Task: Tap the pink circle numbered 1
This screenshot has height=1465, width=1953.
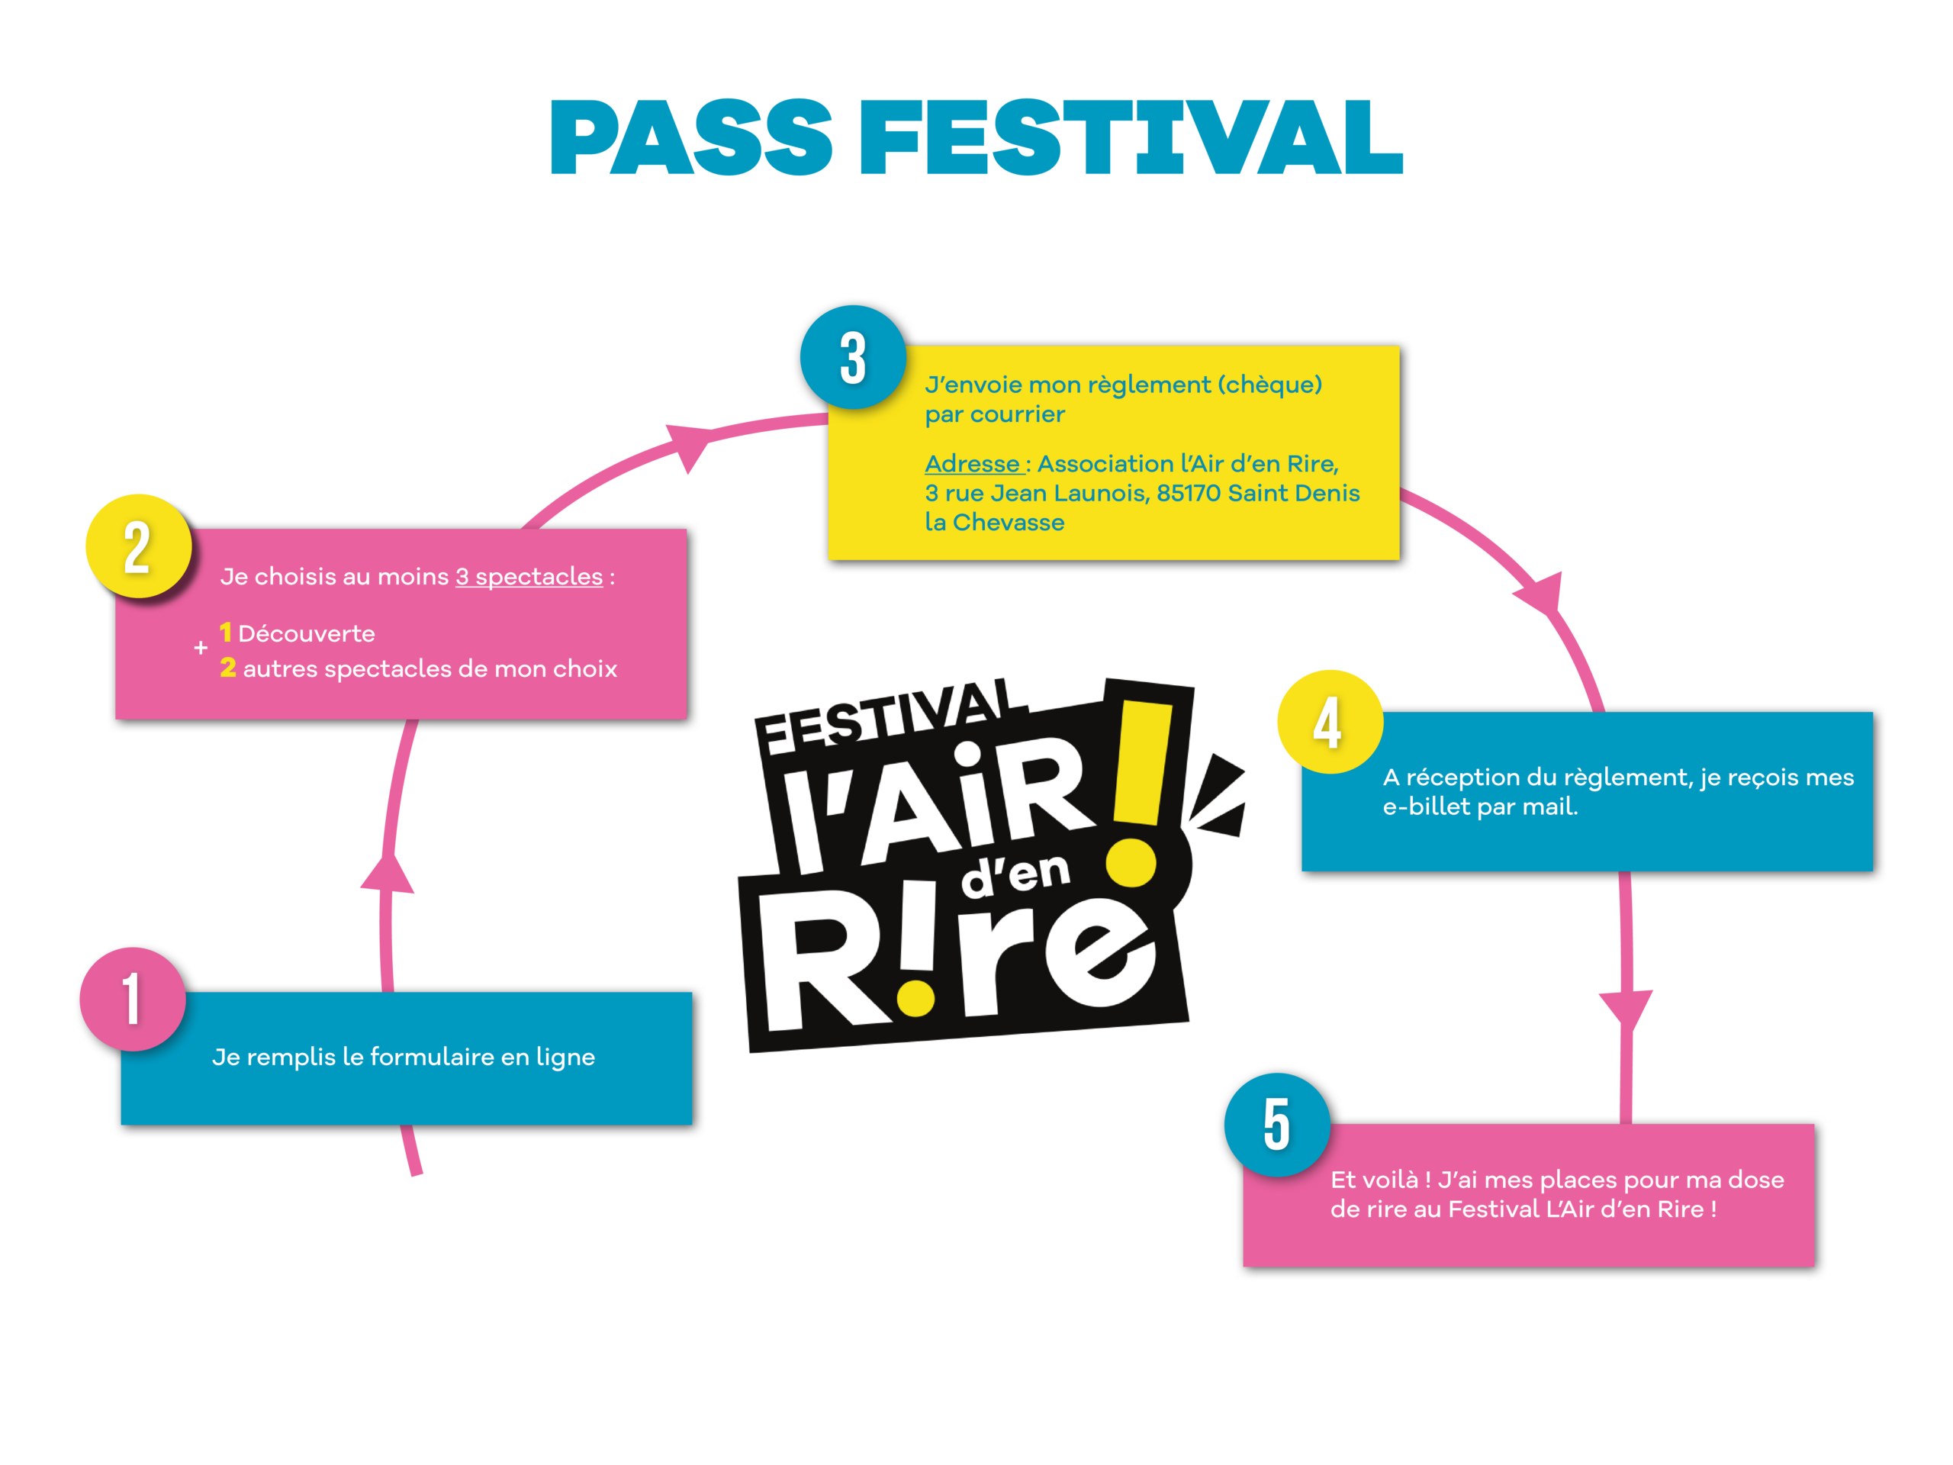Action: [133, 999]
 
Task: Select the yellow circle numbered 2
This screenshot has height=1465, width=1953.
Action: [138, 546]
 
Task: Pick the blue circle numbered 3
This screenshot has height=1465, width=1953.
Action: [853, 358]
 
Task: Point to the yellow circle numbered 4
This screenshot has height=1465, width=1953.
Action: [1329, 722]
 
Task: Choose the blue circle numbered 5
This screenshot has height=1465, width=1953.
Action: [1276, 1124]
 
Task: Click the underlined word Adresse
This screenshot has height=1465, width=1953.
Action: [972, 464]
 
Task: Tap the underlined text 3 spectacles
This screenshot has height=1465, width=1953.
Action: [529, 577]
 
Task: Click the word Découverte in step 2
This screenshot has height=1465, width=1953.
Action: [307, 634]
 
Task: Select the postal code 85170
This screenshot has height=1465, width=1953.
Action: [1189, 493]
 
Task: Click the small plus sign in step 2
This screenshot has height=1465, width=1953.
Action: [201, 648]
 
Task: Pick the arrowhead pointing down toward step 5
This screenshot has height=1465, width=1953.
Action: [1626, 1006]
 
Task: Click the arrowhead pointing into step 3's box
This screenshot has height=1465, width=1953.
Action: [690, 444]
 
